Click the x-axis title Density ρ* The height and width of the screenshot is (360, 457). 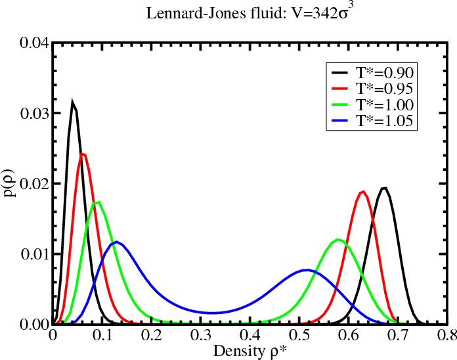pyautogui.click(x=250, y=349)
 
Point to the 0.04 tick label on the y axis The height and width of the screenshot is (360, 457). pyautogui.click(x=33, y=44)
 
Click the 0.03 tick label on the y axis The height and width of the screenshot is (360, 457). pyautogui.click(x=33, y=114)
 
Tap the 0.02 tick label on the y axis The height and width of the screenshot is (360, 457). pyautogui.click(x=33, y=184)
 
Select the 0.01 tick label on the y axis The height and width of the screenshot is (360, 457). pyautogui.click(x=33, y=254)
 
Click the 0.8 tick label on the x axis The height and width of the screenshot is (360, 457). pyautogui.click(x=446, y=336)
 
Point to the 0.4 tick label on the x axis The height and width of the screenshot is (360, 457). pyautogui.click(x=250, y=336)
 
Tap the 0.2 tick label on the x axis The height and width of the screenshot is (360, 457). pyautogui.click(x=152, y=336)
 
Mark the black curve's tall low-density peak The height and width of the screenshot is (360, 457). pyautogui.click(x=73, y=102)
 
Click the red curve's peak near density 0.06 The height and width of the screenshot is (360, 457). pyautogui.click(x=83, y=154)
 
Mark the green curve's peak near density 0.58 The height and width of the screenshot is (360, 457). pyautogui.click(x=338, y=239)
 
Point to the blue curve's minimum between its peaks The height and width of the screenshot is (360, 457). pyautogui.click(x=213, y=313)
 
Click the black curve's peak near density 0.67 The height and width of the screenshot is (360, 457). pyautogui.click(x=385, y=189)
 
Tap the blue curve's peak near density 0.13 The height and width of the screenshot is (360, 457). pyautogui.click(x=116, y=242)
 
